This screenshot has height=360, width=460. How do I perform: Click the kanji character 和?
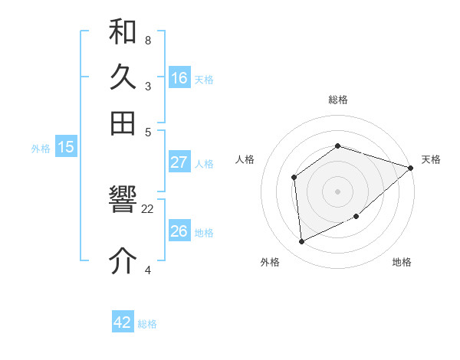coord(123,34)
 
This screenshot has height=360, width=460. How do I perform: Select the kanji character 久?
coord(123,78)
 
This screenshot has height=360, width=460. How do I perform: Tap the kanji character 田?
coord(123,123)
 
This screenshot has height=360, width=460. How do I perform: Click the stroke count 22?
coord(148,208)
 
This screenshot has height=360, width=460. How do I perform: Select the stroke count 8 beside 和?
coord(147,40)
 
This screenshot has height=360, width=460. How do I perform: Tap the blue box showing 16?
coord(179,78)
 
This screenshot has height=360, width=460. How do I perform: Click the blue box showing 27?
coord(179,162)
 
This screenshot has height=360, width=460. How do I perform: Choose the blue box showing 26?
coord(179,231)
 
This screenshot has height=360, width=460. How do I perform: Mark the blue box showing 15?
coord(66,148)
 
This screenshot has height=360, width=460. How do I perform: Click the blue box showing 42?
coord(123,322)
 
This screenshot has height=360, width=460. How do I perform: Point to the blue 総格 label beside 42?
coord(147,324)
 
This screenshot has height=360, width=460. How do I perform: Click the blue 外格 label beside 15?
coord(40,149)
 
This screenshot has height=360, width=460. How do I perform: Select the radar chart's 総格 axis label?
coord(337,100)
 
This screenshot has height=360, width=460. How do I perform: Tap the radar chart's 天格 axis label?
coord(431,159)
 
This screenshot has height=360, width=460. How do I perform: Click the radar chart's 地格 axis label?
coord(402,263)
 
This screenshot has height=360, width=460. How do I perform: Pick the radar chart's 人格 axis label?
coord(245,159)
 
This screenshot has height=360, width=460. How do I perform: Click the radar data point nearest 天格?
coord(410,169)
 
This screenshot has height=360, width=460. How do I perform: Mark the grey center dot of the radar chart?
coord(337,191)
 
